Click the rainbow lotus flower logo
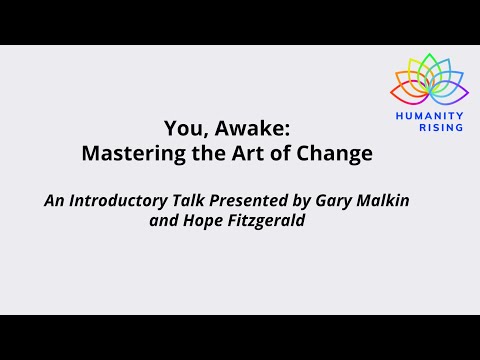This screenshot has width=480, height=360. tap(429, 81)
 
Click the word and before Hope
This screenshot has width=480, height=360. tap(163, 222)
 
